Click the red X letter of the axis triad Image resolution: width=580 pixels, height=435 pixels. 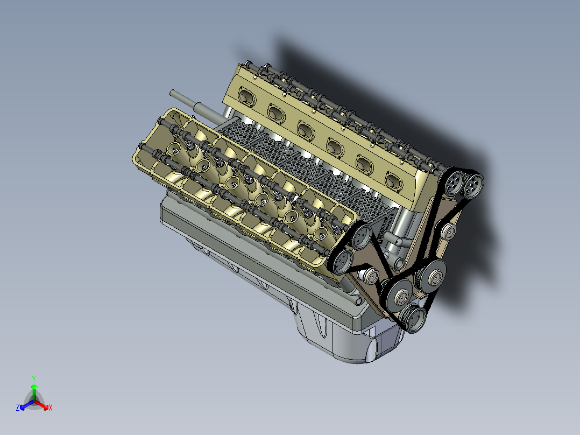50,408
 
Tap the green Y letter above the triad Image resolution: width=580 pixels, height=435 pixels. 33,378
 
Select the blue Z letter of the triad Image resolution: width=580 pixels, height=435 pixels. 18,408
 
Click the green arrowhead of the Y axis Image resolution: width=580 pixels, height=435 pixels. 33,387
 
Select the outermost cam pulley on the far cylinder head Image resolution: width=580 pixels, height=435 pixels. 473,186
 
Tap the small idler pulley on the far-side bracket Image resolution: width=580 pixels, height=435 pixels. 448,232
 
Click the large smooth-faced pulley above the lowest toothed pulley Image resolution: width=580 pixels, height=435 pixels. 400,294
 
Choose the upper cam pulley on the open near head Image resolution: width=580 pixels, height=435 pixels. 360,235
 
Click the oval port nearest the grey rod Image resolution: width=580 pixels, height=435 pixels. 246,96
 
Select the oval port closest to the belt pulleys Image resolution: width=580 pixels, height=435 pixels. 393,178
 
